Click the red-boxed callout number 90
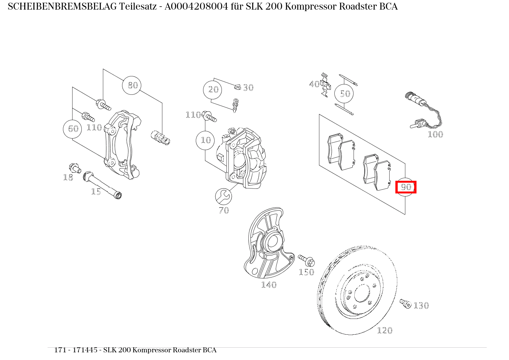tap(406, 187)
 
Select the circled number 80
tap(132, 85)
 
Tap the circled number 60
tap(73, 129)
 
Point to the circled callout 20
tap(213, 90)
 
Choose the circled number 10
tap(206, 140)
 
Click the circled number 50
tap(344, 94)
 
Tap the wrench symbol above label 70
tap(223, 197)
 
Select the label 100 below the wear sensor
tap(435, 134)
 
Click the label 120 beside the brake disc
tap(384, 330)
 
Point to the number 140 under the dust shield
tap(268, 285)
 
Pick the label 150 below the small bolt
tap(306, 272)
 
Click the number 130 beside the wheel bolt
tap(421, 306)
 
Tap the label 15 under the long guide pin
tap(96, 192)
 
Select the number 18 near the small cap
tap(68, 177)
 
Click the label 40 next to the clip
tap(314, 84)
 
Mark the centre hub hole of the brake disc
tap(361, 294)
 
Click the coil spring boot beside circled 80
tap(160, 138)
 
